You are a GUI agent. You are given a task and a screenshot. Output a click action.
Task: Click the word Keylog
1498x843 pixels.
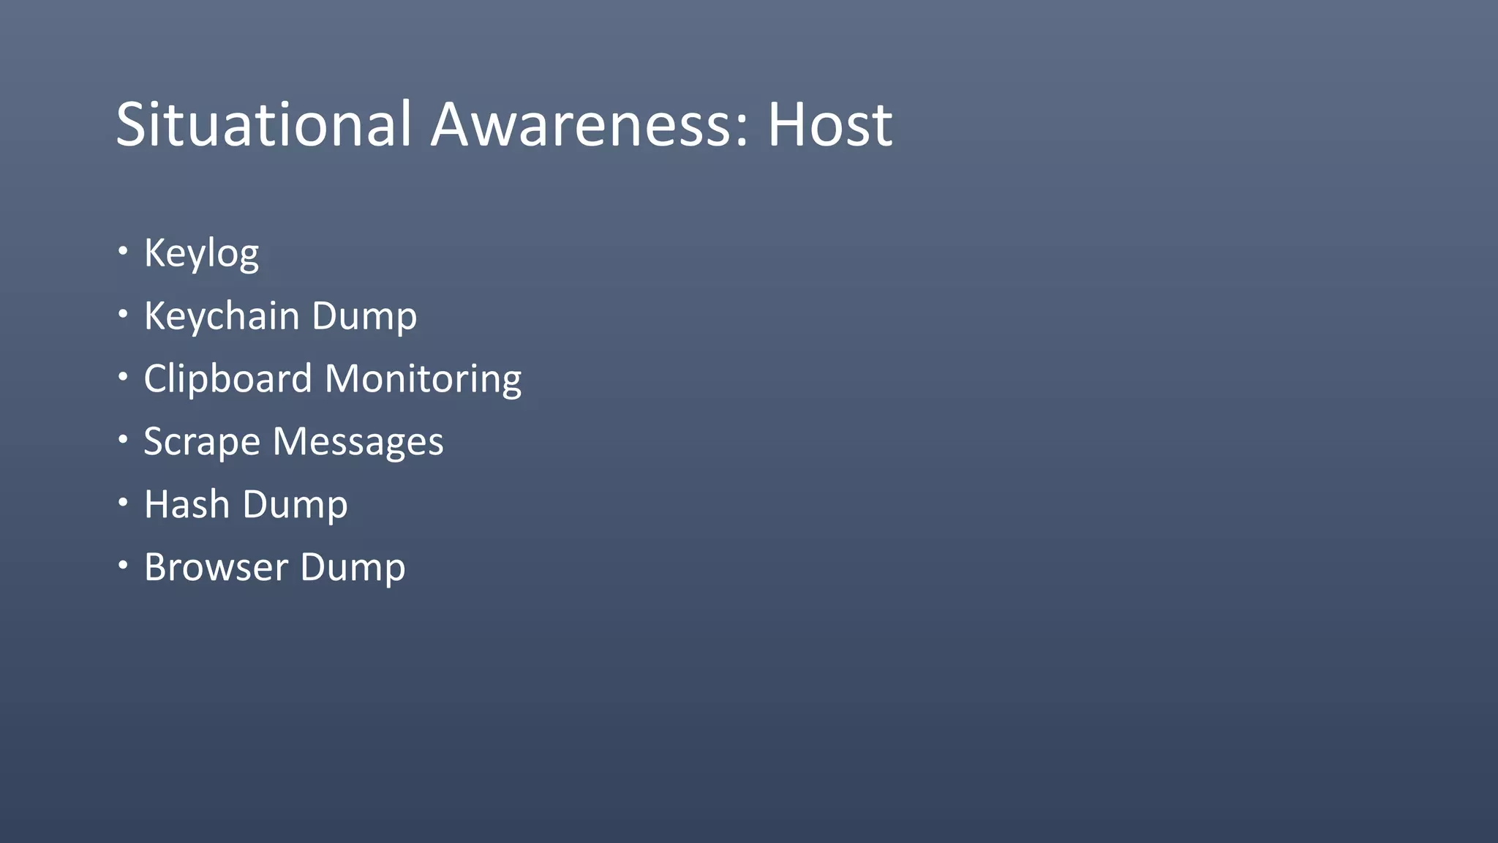(x=201, y=253)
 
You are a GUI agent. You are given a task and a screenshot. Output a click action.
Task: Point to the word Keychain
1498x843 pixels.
(x=222, y=316)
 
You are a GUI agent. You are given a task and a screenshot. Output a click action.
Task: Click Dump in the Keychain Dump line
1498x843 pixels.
(x=364, y=318)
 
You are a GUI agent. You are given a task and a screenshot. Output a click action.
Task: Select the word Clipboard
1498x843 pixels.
(x=227, y=379)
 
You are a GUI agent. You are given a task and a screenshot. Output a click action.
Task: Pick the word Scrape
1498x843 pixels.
(x=202, y=443)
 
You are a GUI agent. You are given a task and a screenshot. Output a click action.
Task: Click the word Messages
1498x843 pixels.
(x=358, y=443)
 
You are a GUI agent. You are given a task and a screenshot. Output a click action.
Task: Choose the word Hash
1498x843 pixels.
(x=187, y=504)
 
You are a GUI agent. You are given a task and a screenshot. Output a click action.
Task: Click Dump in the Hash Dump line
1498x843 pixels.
(x=295, y=506)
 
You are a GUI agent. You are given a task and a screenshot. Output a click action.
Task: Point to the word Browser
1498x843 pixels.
(x=216, y=567)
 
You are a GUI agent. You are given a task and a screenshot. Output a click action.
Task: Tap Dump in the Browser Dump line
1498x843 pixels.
(x=353, y=569)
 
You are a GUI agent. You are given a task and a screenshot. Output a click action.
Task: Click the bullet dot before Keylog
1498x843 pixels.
(x=123, y=251)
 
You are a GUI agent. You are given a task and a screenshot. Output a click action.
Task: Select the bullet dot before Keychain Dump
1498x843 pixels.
(x=123, y=314)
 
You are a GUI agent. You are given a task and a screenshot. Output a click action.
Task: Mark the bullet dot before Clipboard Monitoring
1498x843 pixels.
(x=123, y=377)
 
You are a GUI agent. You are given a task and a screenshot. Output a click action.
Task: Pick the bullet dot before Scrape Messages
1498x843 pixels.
(x=123, y=440)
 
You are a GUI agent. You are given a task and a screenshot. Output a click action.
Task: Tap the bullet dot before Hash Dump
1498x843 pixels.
(x=123, y=503)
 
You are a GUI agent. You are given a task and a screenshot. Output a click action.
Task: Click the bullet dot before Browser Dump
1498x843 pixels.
(x=123, y=565)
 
